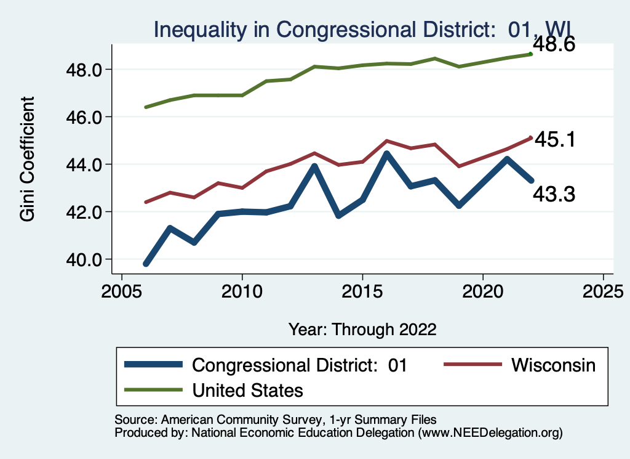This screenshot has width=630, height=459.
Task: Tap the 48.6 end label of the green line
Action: [x=554, y=45]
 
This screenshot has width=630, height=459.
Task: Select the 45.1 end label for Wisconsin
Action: [x=554, y=139]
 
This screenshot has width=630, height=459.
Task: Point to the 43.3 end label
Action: [x=554, y=195]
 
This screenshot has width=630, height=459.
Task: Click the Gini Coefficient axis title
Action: [x=27, y=158]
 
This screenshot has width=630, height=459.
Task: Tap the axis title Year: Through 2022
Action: [x=362, y=329]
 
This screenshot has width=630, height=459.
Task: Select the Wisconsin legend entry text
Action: [x=553, y=365]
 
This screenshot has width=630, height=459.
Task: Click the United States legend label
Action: [x=247, y=390]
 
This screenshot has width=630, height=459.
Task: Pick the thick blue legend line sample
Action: [x=154, y=365]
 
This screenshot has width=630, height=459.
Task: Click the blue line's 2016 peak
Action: [x=386, y=154]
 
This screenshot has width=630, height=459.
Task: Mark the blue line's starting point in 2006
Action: [x=146, y=264]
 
